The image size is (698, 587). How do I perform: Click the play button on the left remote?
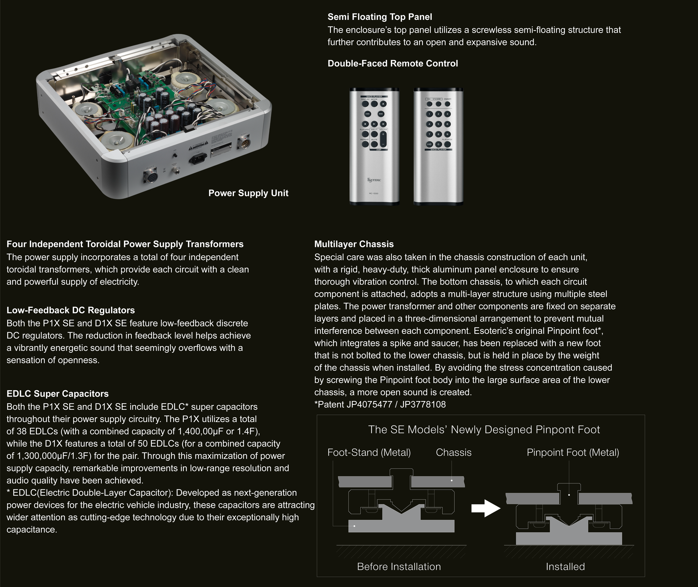[x=374, y=124]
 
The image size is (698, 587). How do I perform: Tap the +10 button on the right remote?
[x=429, y=144]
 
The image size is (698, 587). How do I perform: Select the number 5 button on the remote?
[x=438, y=124]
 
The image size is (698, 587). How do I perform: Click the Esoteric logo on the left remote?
[x=374, y=180]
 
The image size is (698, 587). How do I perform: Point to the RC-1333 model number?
[x=374, y=193]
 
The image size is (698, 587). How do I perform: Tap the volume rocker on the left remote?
[x=383, y=139]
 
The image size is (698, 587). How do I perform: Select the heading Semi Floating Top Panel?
[x=379, y=17]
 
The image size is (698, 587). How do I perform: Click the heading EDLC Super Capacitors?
[x=58, y=394]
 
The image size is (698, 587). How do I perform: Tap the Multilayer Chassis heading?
[x=354, y=244]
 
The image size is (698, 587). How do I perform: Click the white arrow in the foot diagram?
[x=486, y=508]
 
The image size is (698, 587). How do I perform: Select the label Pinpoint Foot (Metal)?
[x=573, y=452]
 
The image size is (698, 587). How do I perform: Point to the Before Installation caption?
[x=399, y=566]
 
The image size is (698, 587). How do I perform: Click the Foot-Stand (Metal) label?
[x=369, y=452]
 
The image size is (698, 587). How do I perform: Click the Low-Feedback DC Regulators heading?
[x=71, y=310]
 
